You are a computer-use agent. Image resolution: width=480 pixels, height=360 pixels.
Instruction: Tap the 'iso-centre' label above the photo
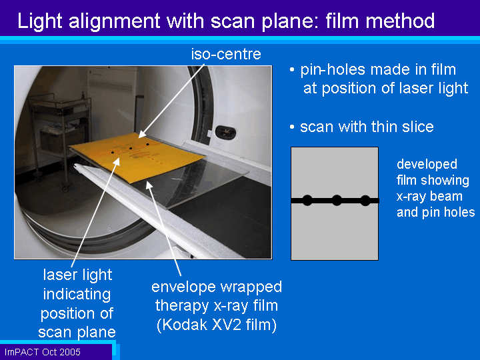click(226, 54)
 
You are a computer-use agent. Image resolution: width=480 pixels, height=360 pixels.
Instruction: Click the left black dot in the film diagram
click(307, 201)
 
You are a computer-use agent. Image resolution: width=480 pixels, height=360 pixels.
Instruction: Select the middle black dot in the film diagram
click(337, 201)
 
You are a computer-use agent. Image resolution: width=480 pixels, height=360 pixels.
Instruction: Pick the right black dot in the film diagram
click(365, 201)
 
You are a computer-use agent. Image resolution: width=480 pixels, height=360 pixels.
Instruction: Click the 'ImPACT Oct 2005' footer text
click(43, 352)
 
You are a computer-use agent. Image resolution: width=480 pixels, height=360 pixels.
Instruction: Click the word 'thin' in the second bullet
click(382, 127)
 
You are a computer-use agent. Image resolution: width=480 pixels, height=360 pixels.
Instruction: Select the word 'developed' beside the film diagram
click(427, 165)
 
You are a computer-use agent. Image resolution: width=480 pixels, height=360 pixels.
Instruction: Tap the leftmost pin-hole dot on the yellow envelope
click(113, 152)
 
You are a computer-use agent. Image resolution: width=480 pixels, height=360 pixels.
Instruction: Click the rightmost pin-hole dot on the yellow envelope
click(147, 144)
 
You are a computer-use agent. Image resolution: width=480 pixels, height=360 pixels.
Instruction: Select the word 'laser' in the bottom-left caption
click(60, 275)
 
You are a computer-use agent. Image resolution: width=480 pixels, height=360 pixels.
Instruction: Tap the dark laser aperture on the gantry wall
click(225, 131)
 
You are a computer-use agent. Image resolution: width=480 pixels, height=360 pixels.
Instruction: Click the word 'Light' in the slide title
click(40, 21)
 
